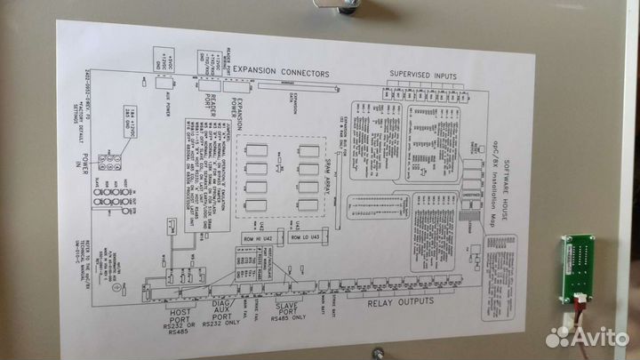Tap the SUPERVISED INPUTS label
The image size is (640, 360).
[x=425, y=75]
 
